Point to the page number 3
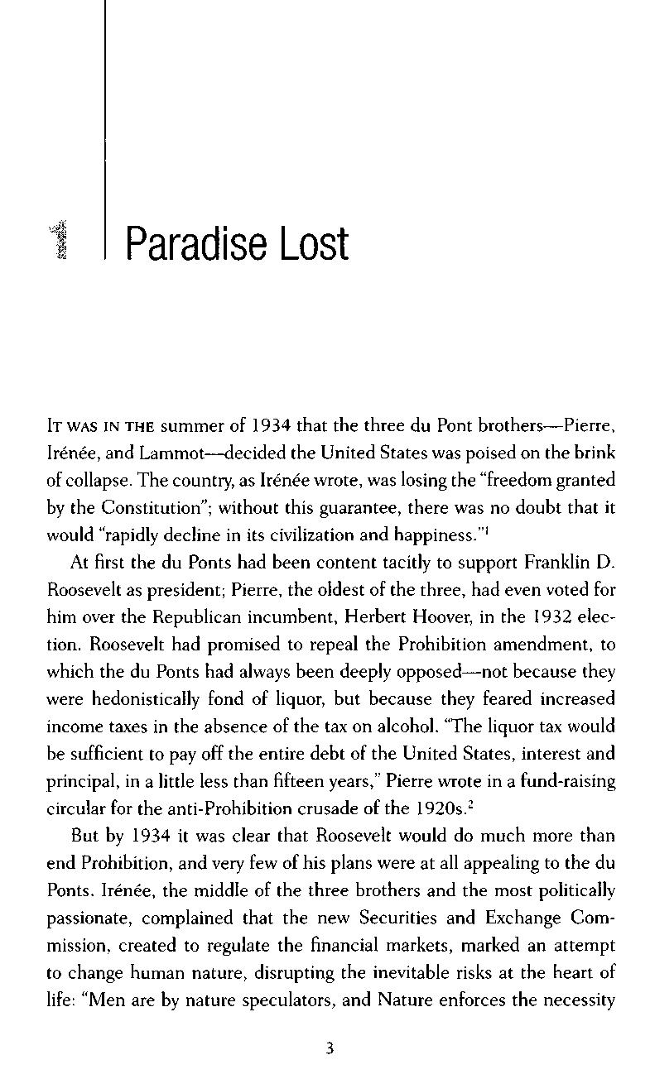point(330,1049)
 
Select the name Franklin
point(560,562)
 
